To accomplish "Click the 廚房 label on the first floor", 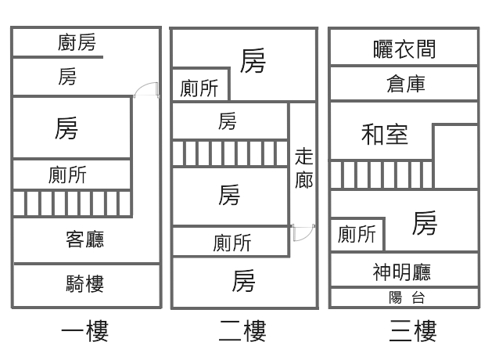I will click(77, 42).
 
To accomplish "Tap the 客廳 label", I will click(84, 239).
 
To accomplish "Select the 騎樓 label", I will click(84, 283).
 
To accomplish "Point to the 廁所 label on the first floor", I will click(67, 175).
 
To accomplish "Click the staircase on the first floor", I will click(72, 203).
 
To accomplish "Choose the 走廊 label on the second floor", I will click(304, 168).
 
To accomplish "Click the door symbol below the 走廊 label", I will click(303, 232).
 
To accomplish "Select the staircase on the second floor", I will click(230, 153).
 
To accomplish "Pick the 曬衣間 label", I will click(404, 50).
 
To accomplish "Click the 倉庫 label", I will click(405, 84).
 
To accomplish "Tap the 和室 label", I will click(385, 134).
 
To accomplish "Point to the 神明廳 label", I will click(402, 272).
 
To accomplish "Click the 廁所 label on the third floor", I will click(357, 234).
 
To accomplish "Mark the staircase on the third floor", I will click(381, 175).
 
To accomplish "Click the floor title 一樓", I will click(84, 332).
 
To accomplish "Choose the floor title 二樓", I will click(242, 332).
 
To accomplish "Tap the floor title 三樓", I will click(412, 332).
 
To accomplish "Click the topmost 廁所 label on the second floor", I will click(199, 88).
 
